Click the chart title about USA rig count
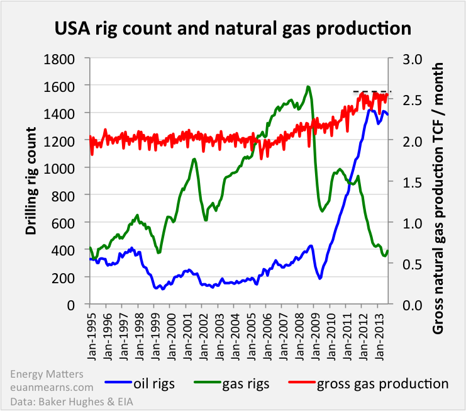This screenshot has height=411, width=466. [233, 29]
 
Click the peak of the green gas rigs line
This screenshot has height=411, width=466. [308, 87]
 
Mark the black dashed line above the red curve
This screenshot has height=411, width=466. [372, 92]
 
